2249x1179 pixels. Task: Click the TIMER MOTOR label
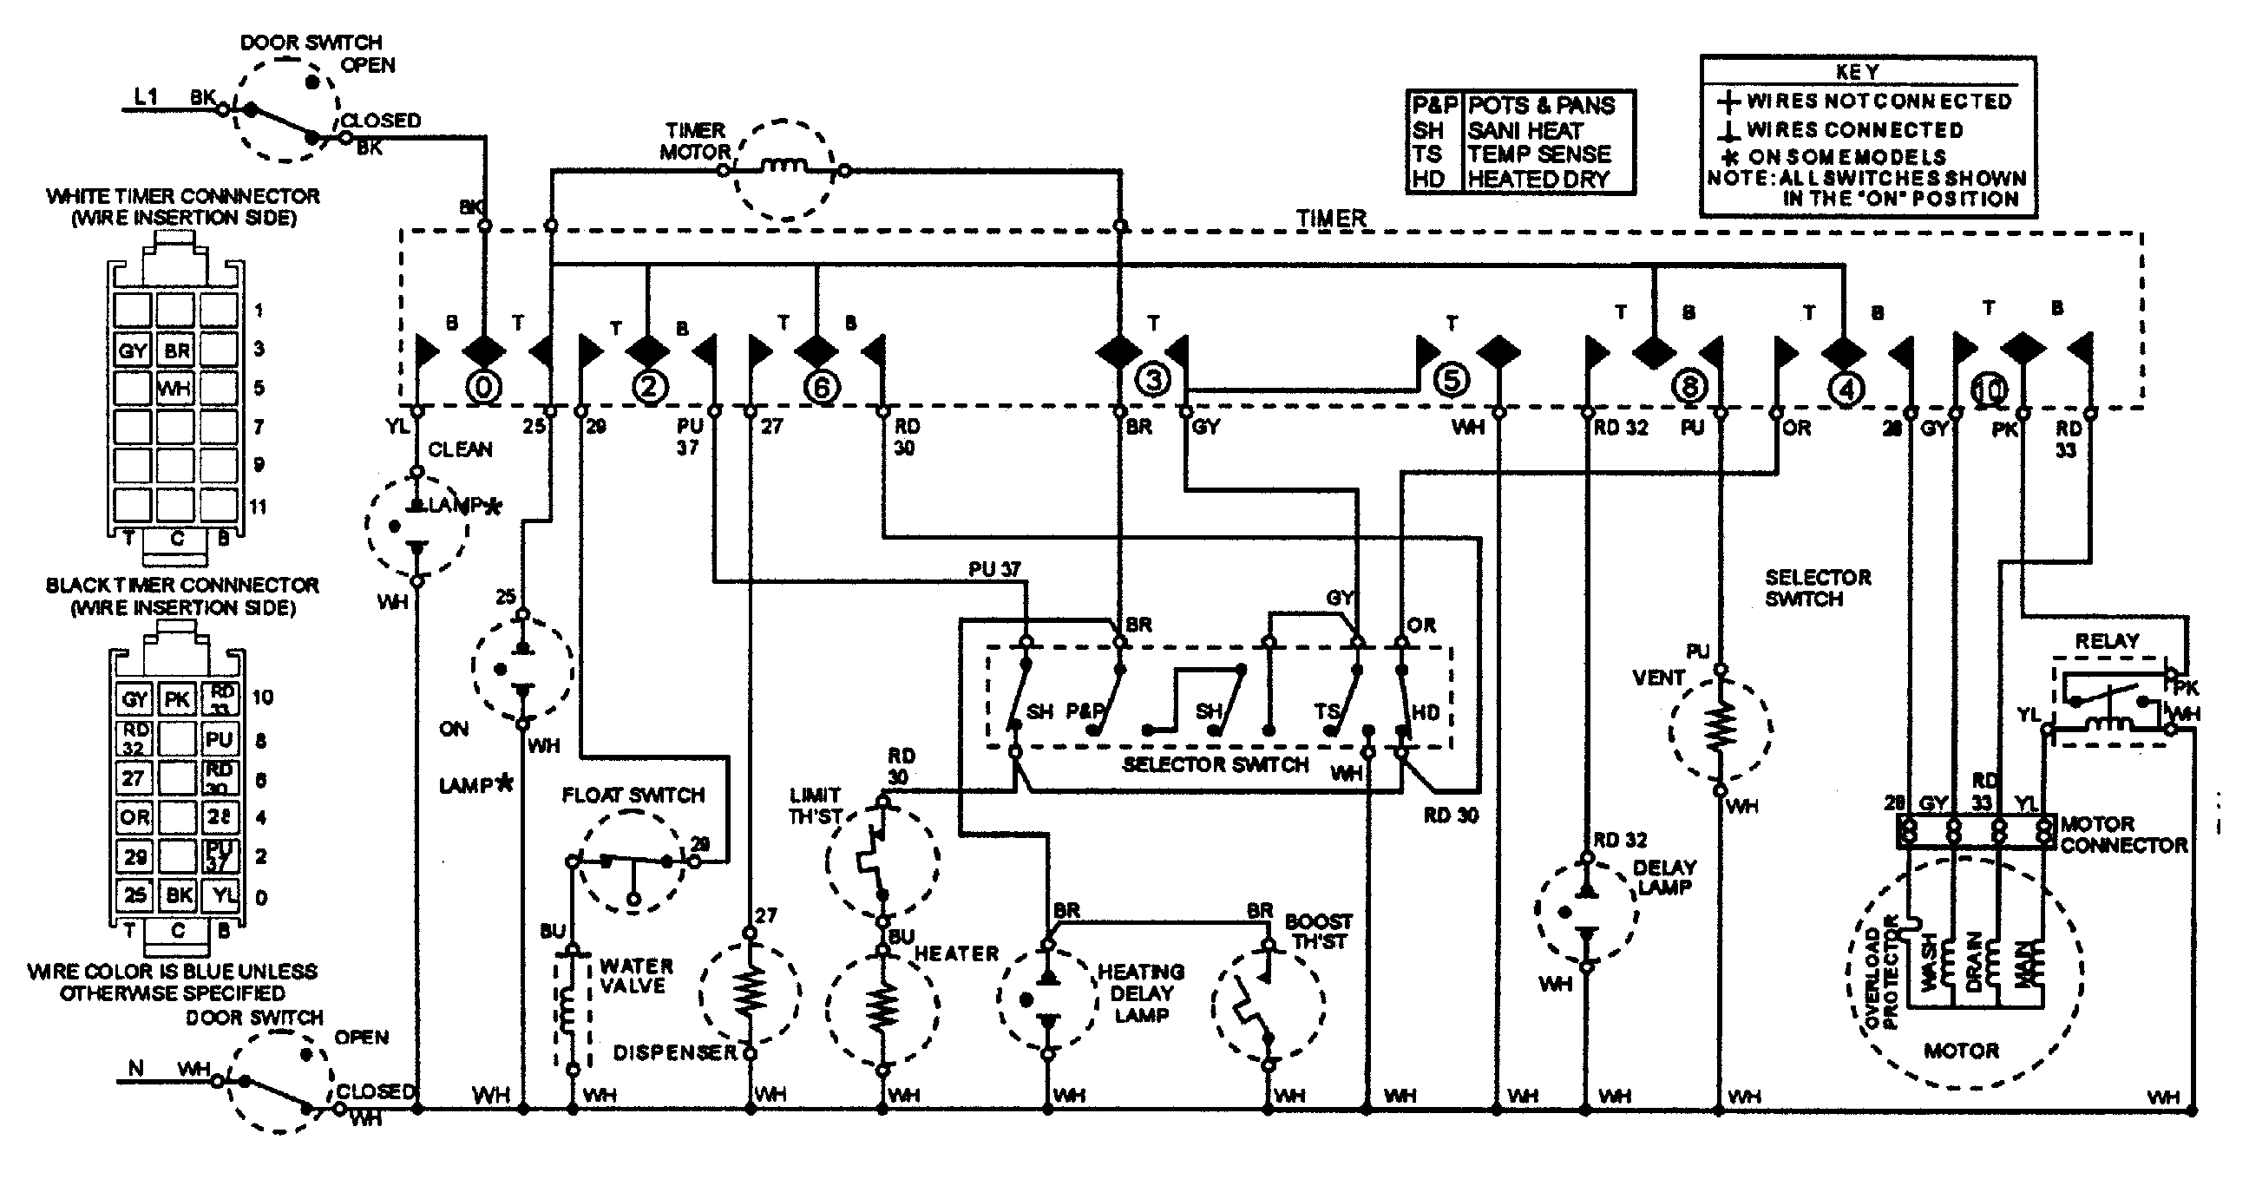(694, 141)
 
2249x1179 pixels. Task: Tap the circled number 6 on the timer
(822, 387)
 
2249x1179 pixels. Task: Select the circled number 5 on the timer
(1451, 381)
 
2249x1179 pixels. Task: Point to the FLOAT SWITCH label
(633, 795)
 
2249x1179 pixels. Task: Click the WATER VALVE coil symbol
(568, 1012)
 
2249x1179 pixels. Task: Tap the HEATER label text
(956, 953)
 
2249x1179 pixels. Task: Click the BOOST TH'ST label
(1318, 931)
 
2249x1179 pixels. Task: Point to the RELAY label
(2107, 641)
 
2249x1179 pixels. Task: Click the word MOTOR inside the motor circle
(1961, 1051)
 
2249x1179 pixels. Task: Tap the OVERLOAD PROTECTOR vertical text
(1881, 985)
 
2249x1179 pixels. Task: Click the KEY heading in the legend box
(1857, 71)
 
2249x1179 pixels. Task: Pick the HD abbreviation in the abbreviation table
(1428, 179)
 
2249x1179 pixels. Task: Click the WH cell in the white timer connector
(174, 389)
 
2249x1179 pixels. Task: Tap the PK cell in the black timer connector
(177, 699)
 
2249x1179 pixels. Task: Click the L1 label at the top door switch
(147, 97)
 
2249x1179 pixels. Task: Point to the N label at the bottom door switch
(135, 1068)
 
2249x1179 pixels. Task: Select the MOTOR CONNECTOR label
(2122, 835)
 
